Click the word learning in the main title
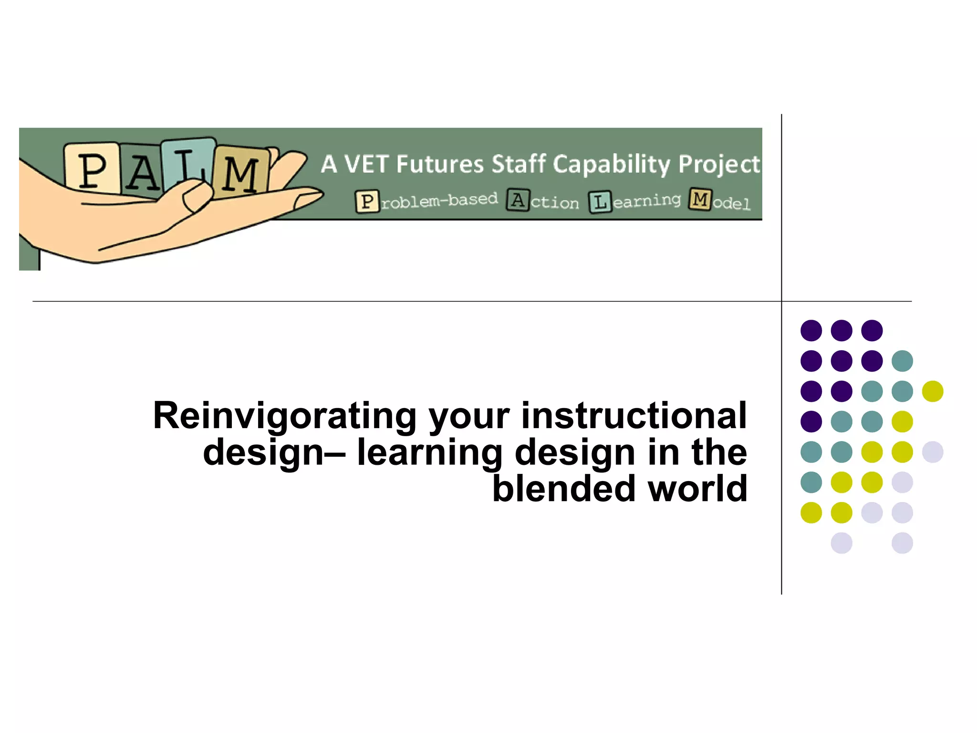pyautogui.click(x=429, y=452)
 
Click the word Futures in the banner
pyautogui.click(x=440, y=164)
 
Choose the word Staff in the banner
pyautogui.click(x=519, y=164)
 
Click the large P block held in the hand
pyautogui.click(x=92, y=168)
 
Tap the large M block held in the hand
pyautogui.click(x=241, y=173)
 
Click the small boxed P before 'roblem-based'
pyautogui.click(x=367, y=201)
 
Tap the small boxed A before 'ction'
pyautogui.click(x=518, y=200)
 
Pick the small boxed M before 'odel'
pyautogui.click(x=700, y=199)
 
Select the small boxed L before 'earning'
pyautogui.click(x=600, y=202)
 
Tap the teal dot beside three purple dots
pyautogui.click(x=902, y=361)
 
